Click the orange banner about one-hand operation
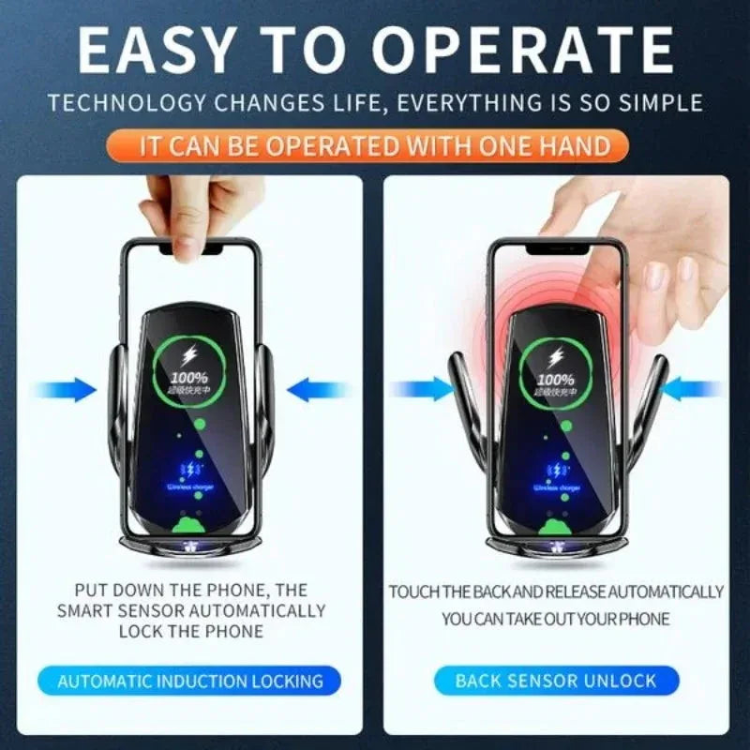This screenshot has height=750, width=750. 375,146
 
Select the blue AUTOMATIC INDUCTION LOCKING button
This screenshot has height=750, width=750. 190,682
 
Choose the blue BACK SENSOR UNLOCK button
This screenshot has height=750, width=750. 556,681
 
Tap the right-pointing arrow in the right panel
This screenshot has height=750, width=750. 421,387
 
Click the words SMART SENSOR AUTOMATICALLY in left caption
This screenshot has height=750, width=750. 191,610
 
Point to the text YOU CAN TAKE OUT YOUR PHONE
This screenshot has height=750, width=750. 556,619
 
